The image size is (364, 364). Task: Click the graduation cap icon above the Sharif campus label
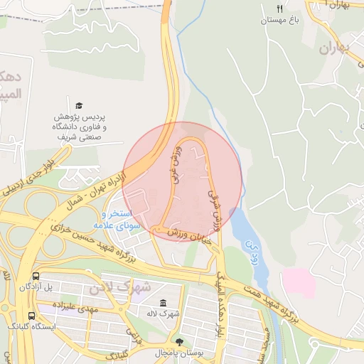(x=79, y=105)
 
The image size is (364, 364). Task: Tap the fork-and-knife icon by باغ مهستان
(x=280, y=9)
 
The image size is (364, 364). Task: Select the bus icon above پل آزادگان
(x=36, y=276)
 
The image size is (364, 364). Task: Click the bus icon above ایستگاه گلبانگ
(x=31, y=315)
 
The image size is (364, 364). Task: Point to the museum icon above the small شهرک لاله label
(x=164, y=303)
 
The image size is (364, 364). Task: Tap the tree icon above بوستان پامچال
(x=178, y=342)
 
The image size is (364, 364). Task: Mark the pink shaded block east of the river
(x=299, y=283)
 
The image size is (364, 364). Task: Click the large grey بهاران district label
(x=335, y=49)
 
